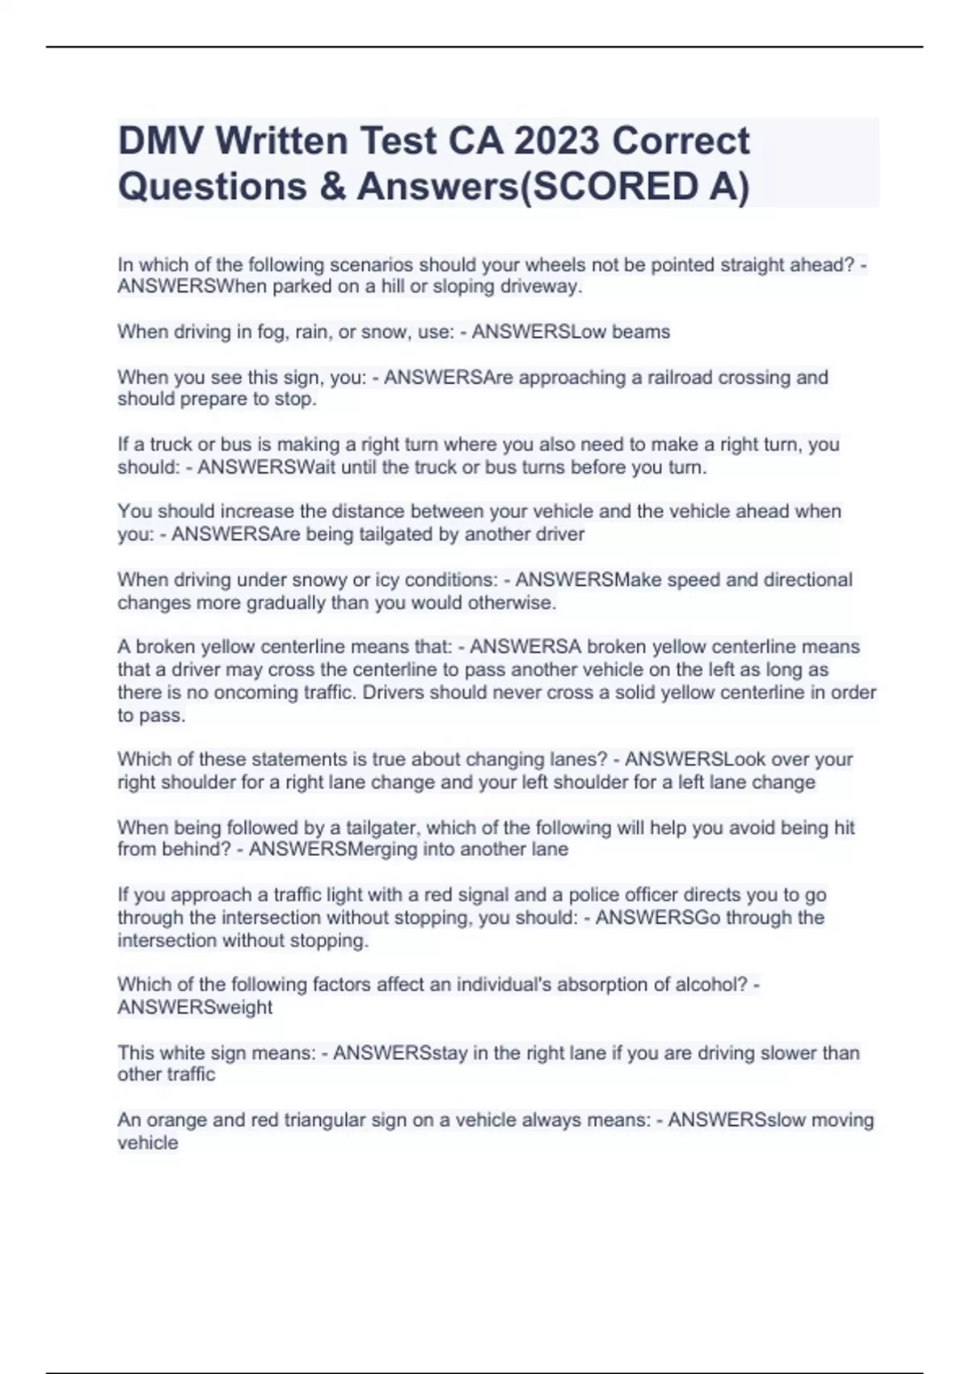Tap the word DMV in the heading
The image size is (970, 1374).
[x=159, y=141]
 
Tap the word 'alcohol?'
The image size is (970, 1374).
[x=712, y=984]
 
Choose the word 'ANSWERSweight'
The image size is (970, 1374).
[x=195, y=1007]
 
